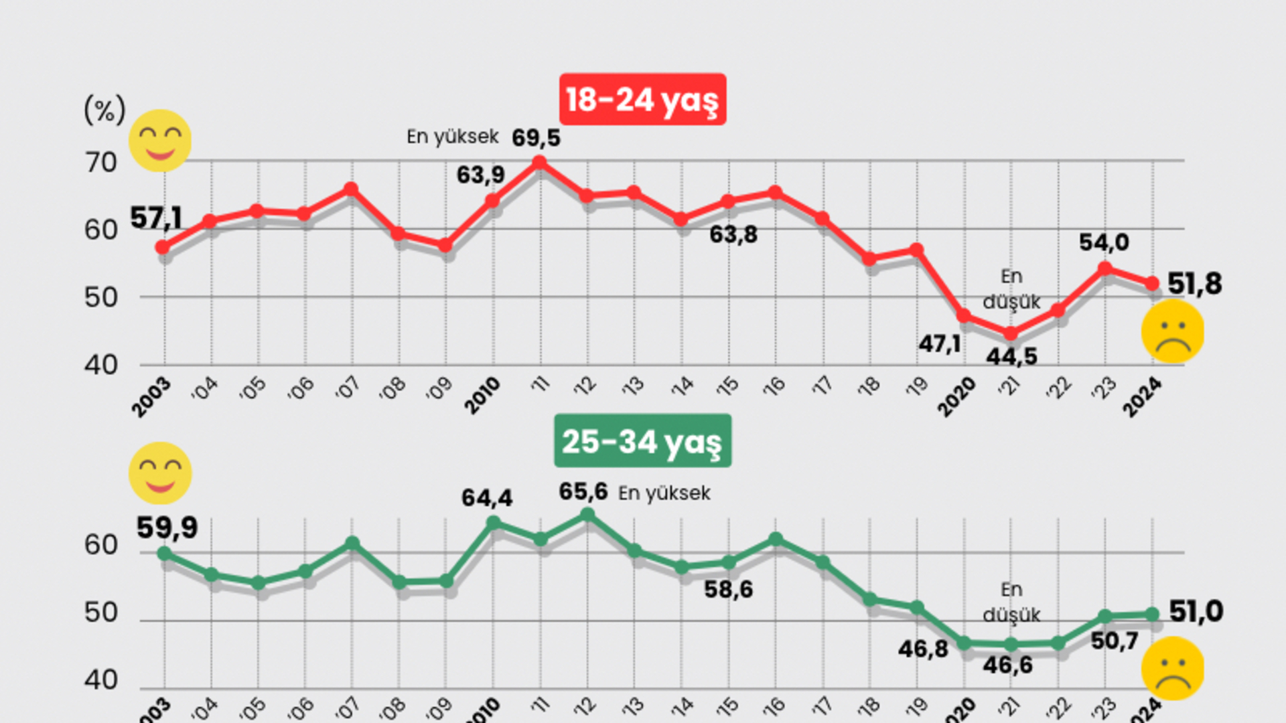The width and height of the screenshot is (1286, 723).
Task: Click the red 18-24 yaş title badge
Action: click(x=642, y=100)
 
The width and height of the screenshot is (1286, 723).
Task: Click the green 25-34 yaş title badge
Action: click(x=642, y=441)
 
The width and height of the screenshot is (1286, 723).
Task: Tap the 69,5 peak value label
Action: click(x=536, y=138)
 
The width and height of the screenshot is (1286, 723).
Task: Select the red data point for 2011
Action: click(x=539, y=163)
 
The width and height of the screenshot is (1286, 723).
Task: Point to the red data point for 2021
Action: click(x=1011, y=333)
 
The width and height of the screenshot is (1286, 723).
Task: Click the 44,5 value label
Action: click(x=1011, y=357)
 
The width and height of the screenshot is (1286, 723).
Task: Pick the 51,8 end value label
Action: click(x=1195, y=284)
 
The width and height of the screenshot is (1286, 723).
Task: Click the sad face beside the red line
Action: click(x=1173, y=331)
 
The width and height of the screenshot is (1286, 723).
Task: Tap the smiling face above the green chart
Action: click(x=160, y=473)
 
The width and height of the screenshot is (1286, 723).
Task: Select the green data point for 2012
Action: click(x=587, y=515)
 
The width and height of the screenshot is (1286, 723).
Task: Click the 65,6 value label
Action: click(x=583, y=492)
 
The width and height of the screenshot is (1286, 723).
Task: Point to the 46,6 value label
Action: click(x=1008, y=665)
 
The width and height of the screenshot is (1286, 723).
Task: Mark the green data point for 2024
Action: click(x=1152, y=614)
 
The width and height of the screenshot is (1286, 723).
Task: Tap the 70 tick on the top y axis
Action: click(x=100, y=163)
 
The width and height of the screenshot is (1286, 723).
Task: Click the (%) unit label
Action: click(x=104, y=109)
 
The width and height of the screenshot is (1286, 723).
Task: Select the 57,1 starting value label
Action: click(x=156, y=218)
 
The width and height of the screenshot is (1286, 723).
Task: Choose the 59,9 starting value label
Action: click(x=167, y=528)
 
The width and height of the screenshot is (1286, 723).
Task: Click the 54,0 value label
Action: click(x=1104, y=242)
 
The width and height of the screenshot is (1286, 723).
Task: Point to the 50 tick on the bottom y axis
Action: click(x=100, y=613)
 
